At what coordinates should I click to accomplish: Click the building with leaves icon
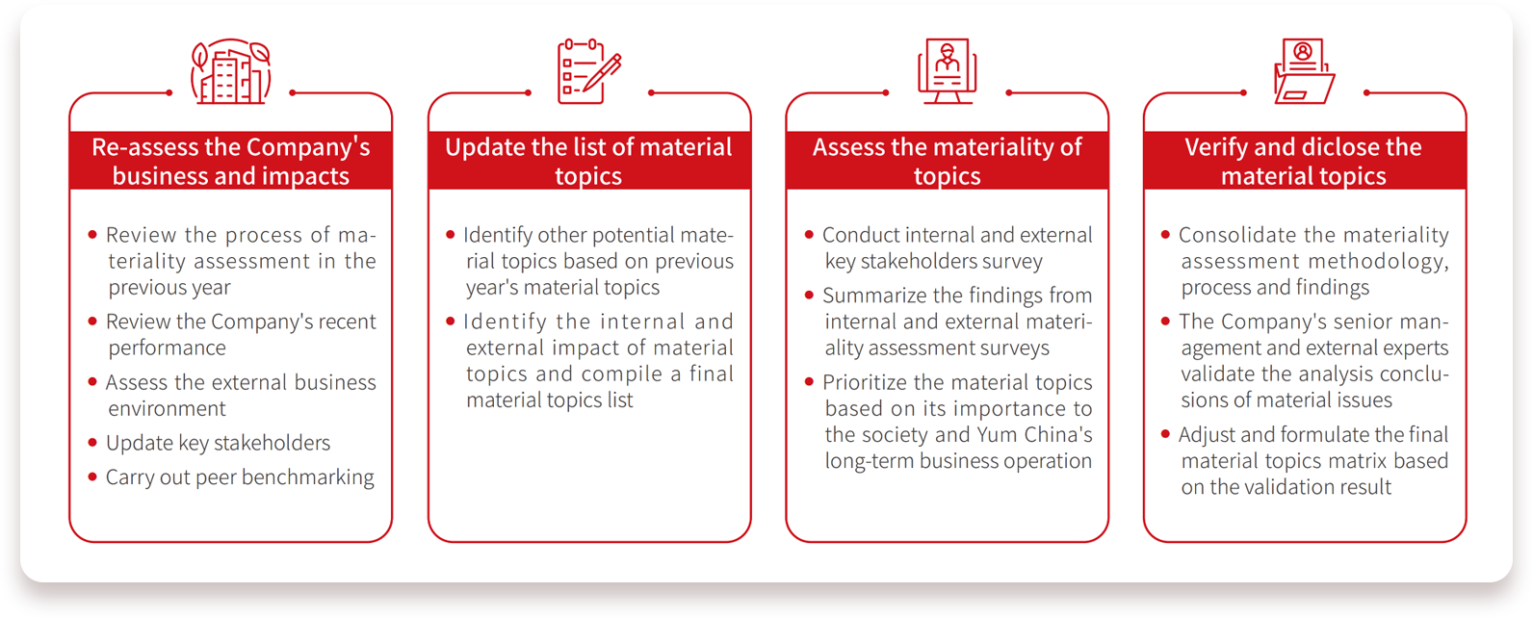[231, 71]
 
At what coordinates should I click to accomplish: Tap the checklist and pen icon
[589, 71]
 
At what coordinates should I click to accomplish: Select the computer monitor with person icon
[948, 71]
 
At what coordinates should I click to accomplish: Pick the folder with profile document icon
[1305, 71]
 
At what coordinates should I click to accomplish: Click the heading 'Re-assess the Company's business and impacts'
[231, 162]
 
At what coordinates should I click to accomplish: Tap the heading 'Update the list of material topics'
[588, 162]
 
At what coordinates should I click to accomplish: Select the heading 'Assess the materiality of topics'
[948, 162]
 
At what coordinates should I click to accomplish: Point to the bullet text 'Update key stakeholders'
[218, 443]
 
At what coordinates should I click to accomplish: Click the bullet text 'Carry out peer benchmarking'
[240, 477]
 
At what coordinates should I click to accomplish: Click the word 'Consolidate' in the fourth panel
[1238, 235]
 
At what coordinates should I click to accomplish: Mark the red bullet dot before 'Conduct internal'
[809, 235]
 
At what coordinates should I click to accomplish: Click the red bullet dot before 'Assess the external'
[92, 382]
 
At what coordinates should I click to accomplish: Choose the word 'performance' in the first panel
[167, 348]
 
